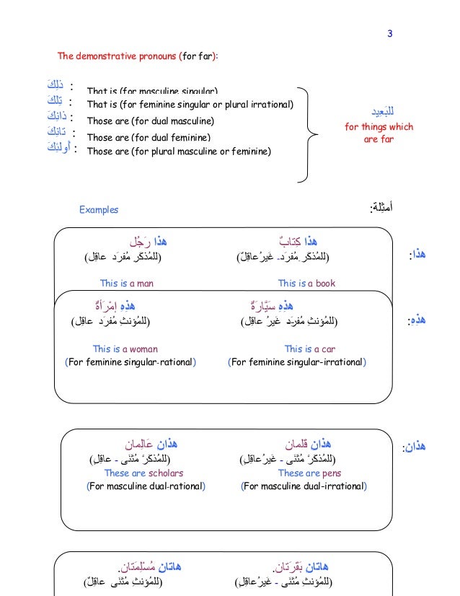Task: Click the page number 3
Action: click(389, 33)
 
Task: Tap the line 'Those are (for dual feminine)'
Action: click(149, 137)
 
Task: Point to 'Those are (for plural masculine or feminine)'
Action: click(179, 152)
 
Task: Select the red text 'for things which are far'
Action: click(379, 133)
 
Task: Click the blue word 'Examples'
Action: click(99, 210)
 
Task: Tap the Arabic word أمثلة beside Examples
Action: click(381, 209)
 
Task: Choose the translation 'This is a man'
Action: click(126, 284)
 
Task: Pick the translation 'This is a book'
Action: click(306, 284)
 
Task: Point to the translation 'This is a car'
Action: click(309, 349)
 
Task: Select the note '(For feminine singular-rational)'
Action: click(131, 361)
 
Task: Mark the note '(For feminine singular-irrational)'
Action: click(297, 361)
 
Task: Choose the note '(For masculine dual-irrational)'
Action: click(304, 486)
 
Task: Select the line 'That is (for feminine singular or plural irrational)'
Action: click(190, 105)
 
